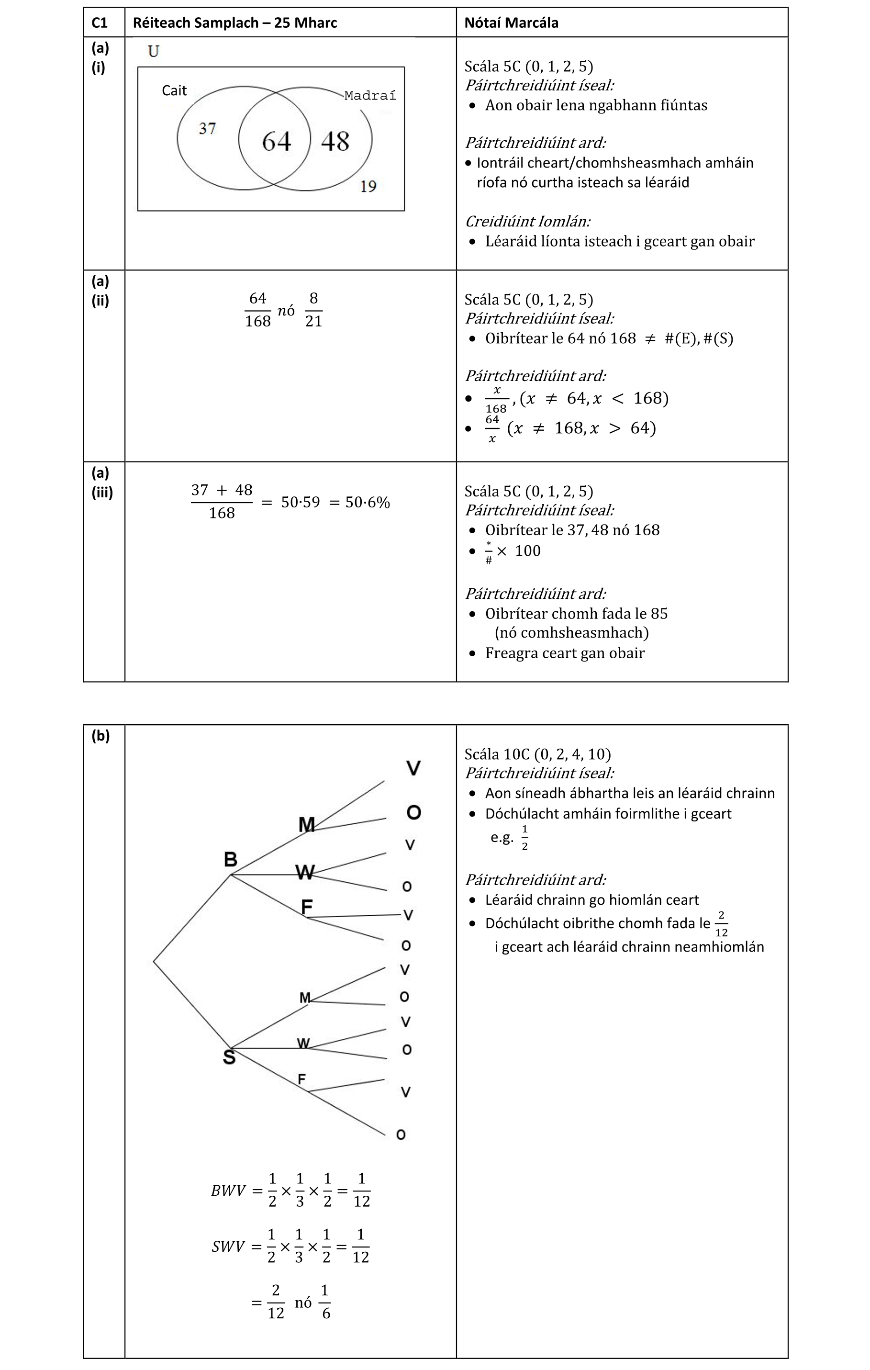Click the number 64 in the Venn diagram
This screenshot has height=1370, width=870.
click(276, 142)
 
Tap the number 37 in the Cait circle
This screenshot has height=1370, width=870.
click(207, 129)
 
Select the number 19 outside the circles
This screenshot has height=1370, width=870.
click(368, 186)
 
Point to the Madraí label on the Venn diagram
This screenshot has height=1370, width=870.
click(370, 96)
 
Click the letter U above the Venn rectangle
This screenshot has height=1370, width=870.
click(154, 52)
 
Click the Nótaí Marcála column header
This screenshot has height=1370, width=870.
click(511, 23)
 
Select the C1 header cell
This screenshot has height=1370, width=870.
click(100, 23)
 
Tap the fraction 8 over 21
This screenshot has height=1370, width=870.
click(313, 310)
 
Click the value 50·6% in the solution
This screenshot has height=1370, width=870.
click(368, 502)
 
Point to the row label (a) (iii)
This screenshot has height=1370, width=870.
click(102, 483)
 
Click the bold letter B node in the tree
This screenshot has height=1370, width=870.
click(230, 859)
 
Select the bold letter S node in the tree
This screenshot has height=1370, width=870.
click(229, 1057)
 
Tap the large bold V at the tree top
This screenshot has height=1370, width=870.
click(413, 768)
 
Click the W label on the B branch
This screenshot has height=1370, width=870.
click(305, 872)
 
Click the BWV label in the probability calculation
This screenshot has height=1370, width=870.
click(228, 1191)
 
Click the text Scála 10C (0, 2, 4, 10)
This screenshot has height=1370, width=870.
click(537, 754)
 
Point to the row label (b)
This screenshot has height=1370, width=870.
click(100, 736)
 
